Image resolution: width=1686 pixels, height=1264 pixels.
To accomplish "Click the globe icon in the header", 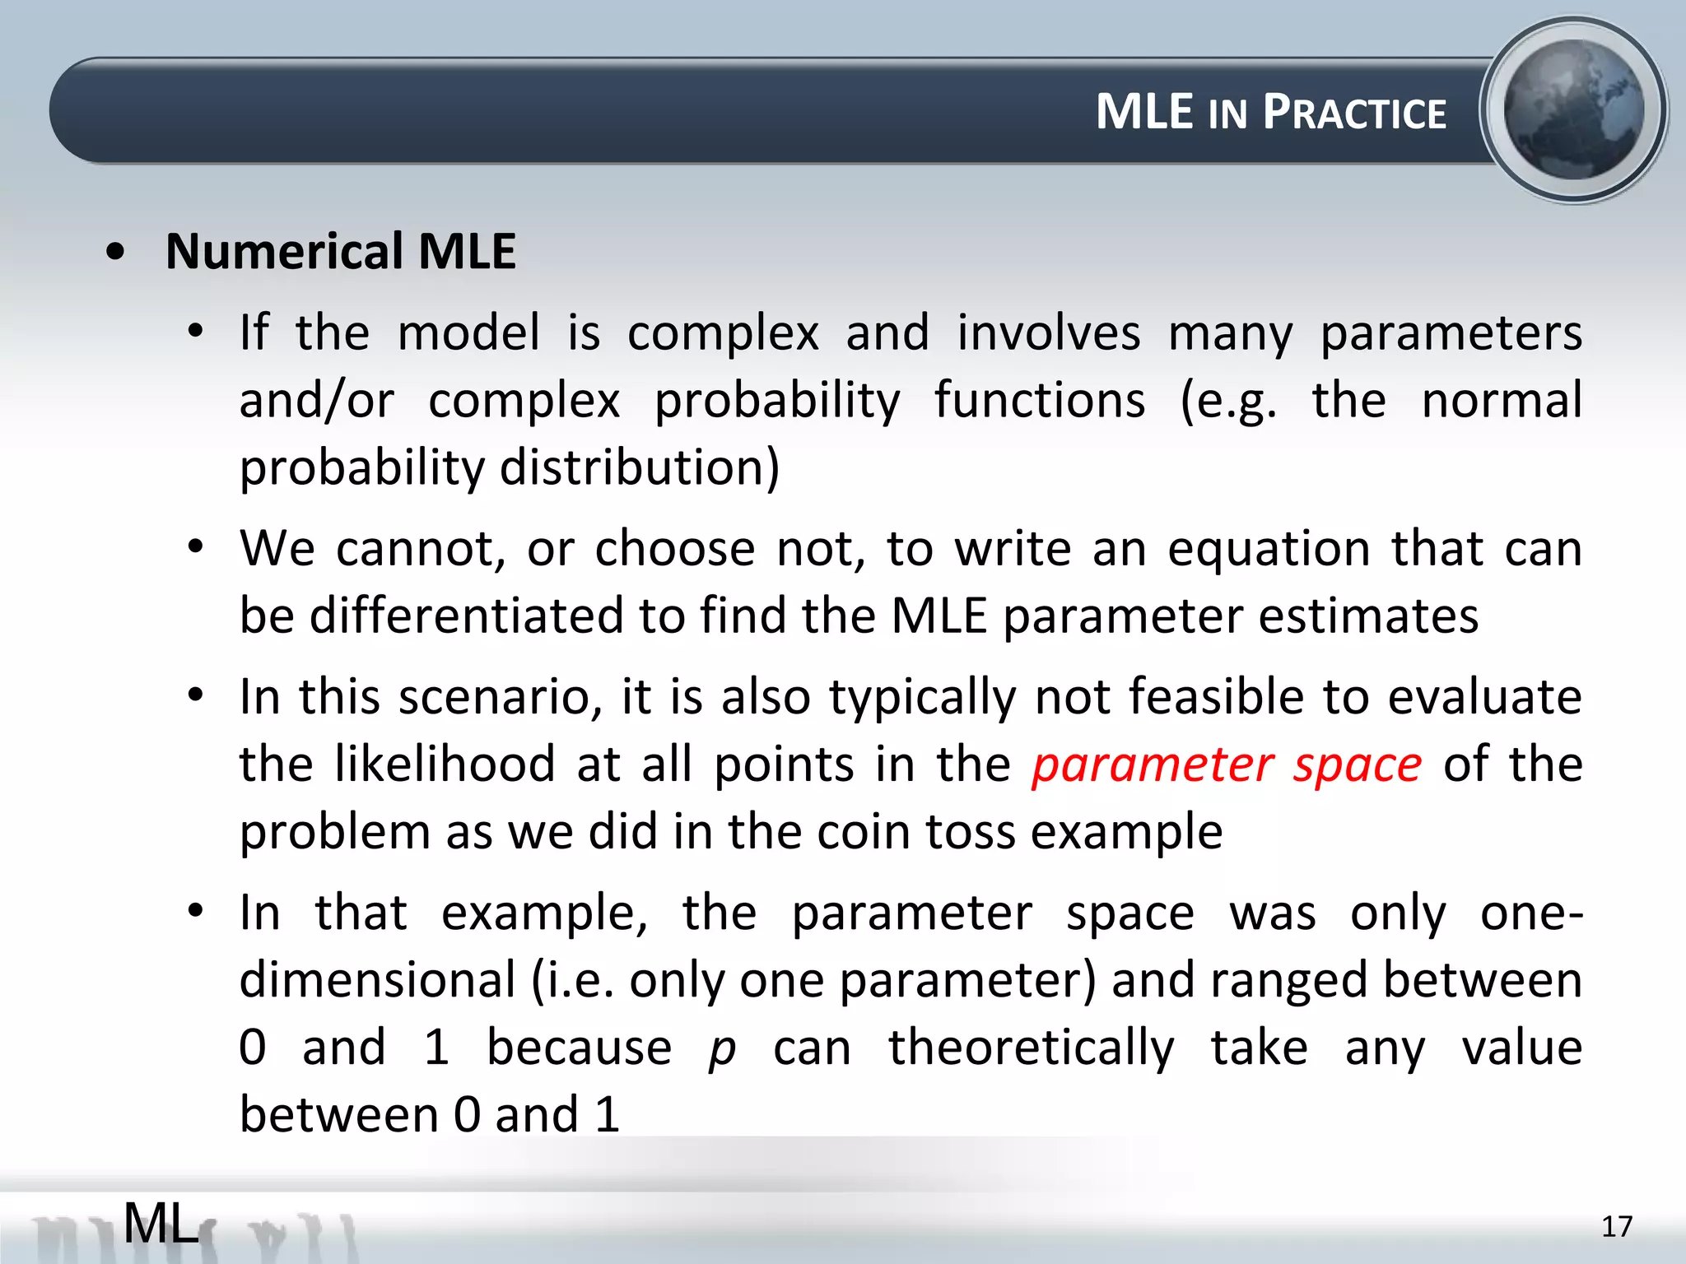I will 1573,109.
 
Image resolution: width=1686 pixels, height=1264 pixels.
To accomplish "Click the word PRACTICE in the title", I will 1354,113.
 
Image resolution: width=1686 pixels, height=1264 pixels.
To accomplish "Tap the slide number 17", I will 1616,1227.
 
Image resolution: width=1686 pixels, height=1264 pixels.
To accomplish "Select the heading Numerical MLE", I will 340,251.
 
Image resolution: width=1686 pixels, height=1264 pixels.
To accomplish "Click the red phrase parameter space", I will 1227,765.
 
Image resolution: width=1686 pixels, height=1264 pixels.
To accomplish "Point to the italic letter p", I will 722,1050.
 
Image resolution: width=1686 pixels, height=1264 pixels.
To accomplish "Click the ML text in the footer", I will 161,1223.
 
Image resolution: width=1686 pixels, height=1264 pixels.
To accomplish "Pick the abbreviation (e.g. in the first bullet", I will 1229,401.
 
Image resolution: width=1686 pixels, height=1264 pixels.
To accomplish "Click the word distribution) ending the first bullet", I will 639,467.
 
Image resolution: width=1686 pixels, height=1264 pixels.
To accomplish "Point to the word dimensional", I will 377,980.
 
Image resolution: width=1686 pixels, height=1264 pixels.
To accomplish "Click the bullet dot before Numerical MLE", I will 116,252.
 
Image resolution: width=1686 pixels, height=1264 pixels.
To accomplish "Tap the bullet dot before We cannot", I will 195,546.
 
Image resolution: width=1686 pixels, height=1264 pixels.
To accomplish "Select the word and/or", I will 317,401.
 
